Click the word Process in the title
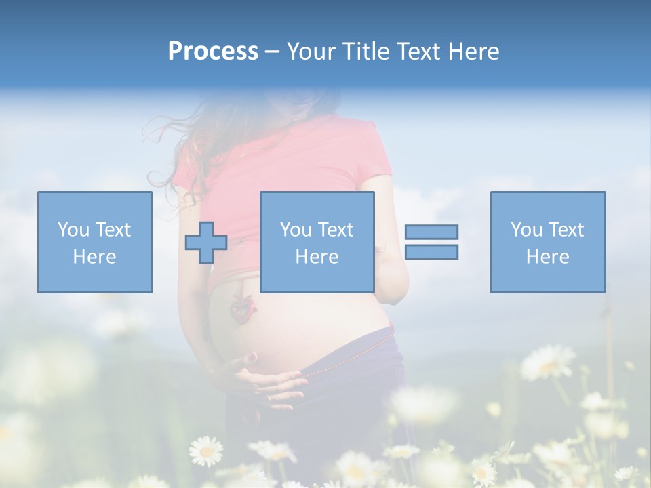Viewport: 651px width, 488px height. tap(213, 52)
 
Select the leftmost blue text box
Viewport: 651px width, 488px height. tap(95, 242)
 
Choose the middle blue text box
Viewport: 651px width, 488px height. tap(317, 242)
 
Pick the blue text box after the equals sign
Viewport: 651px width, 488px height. tap(547, 242)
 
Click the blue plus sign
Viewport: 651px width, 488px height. tap(206, 243)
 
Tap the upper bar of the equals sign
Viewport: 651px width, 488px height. tap(431, 232)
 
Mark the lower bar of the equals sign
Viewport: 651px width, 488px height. tap(431, 252)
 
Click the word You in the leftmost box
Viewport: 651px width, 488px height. tap(73, 230)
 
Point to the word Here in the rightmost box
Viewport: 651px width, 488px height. tap(547, 257)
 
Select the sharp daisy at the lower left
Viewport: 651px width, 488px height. tap(205, 450)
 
